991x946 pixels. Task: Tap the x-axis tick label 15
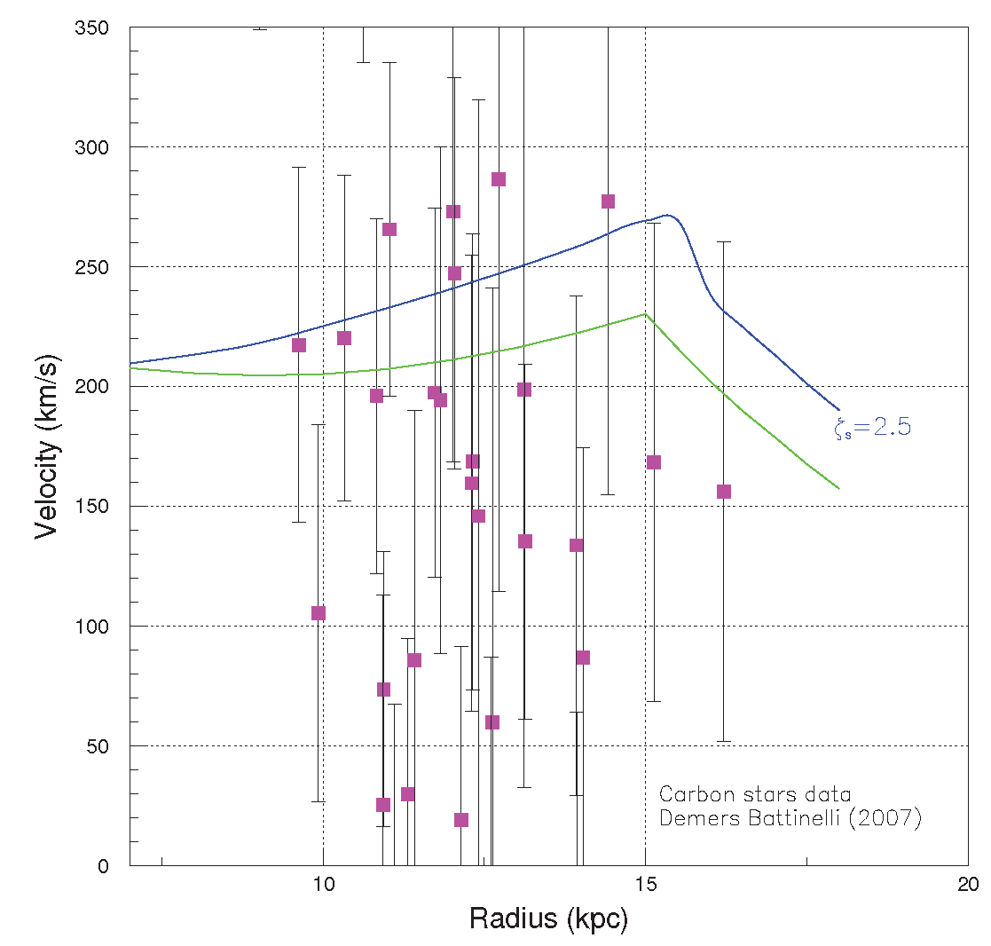(645, 886)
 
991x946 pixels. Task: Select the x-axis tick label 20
(967, 886)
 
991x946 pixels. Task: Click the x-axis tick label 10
(323, 886)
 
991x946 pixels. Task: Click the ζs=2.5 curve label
(872, 428)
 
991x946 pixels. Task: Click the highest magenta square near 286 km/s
(499, 179)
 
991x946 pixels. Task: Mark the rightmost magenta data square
(724, 492)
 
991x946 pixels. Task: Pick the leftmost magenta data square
(299, 345)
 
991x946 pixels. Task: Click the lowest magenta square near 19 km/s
(461, 820)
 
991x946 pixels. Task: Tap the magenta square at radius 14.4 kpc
(608, 201)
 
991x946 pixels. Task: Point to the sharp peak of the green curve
(645, 314)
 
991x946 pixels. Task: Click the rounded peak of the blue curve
(667, 215)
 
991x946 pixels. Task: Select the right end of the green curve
(838, 488)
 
